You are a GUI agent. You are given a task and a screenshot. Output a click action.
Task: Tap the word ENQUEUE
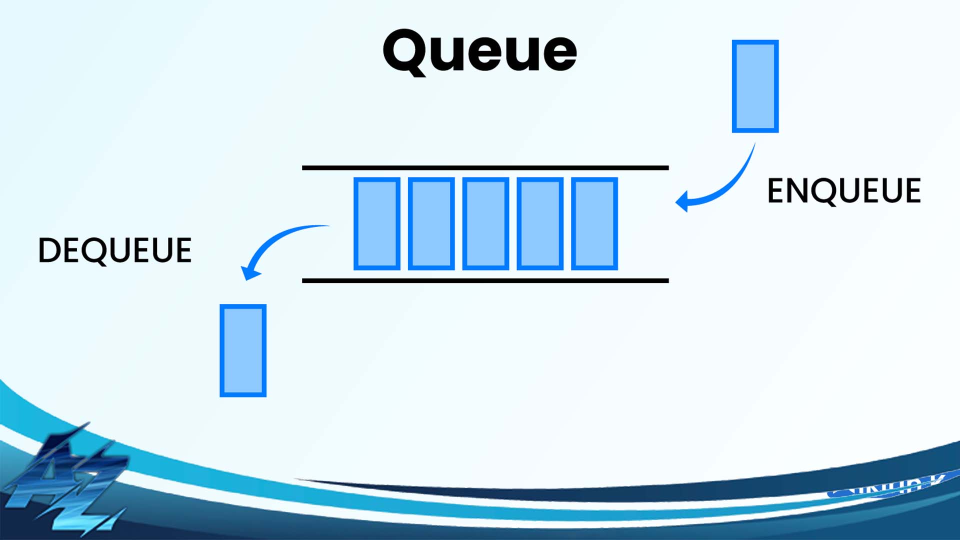pos(843,190)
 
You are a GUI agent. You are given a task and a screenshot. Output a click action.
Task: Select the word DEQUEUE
pos(115,250)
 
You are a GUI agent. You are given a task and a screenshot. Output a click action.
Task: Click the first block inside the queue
pos(376,223)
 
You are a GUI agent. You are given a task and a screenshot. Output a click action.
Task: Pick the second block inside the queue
pos(431,223)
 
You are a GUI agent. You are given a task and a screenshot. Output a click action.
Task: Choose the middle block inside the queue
pos(485,223)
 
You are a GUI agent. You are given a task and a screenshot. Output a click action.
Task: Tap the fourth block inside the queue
pos(540,223)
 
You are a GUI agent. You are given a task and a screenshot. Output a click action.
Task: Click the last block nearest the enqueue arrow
pos(594,223)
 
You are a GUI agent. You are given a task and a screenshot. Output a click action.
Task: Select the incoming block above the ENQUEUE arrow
pos(755,86)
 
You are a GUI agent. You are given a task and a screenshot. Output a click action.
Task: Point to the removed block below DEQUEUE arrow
pos(243,350)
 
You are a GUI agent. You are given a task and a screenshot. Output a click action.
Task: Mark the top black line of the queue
pos(485,168)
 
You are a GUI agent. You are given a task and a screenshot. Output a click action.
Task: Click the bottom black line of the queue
pos(485,280)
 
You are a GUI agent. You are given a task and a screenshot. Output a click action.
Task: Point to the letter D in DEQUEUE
pos(48,250)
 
